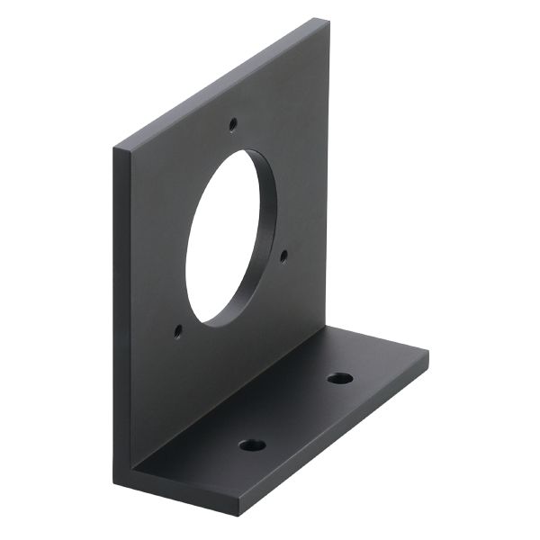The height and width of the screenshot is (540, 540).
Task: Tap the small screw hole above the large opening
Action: coord(233,121)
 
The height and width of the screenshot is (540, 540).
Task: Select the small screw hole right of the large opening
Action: coord(283,256)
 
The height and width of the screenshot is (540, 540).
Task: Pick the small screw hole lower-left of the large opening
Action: coord(178,331)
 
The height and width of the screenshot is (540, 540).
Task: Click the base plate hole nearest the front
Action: coord(253,445)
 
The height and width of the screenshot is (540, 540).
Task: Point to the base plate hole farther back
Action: coord(339,377)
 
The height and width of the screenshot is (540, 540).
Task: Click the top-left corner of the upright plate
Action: coord(114,147)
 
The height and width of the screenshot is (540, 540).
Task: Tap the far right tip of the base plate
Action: coord(427,353)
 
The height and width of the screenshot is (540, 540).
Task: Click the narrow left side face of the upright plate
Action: coord(120,315)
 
